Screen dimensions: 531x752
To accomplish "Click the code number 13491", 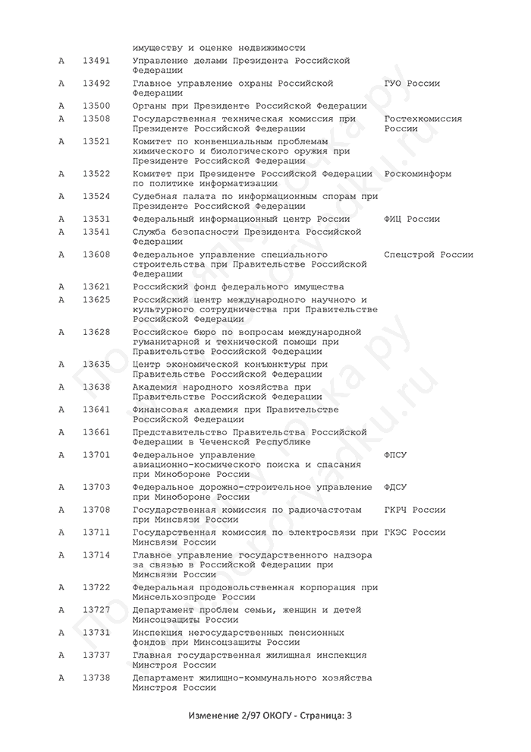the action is click(x=96, y=60).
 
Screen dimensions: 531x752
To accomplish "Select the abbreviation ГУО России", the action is click(x=412, y=84).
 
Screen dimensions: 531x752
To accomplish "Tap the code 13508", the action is click(x=96, y=118).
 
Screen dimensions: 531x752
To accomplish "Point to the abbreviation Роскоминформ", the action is click(x=418, y=174).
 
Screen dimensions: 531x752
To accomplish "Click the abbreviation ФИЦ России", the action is click(x=412, y=220).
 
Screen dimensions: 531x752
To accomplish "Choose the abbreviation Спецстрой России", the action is click(x=429, y=254).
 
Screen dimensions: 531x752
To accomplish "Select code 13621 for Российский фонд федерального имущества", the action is click(x=96, y=287).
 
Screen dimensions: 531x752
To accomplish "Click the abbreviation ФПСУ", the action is click(x=396, y=455).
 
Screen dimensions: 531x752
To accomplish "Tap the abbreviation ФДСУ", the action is click(x=396, y=487).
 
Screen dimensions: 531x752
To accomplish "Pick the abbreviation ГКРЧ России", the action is click(x=415, y=510).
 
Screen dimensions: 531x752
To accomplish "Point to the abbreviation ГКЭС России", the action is click(x=415, y=532).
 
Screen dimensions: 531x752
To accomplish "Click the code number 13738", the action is click(x=96, y=678).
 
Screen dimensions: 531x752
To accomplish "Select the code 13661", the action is click(x=96, y=432).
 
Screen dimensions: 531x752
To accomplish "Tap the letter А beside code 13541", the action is click(x=61, y=232).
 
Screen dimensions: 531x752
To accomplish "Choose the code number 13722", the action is click(x=96, y=587).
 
